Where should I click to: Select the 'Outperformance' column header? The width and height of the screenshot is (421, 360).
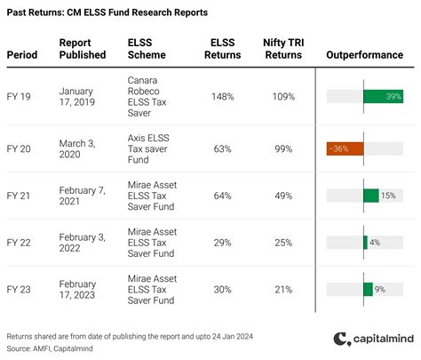click(x=364, y=54)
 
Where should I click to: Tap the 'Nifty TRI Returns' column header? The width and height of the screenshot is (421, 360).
click(x=283, y=48)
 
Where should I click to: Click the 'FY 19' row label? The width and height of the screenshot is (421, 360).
click(x=20, y=96)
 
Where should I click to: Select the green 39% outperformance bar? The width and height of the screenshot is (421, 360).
click(x=384, y=96)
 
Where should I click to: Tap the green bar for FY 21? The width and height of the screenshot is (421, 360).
click(x=371, y=194)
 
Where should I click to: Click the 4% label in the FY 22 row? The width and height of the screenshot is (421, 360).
click(x=374, y=242)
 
